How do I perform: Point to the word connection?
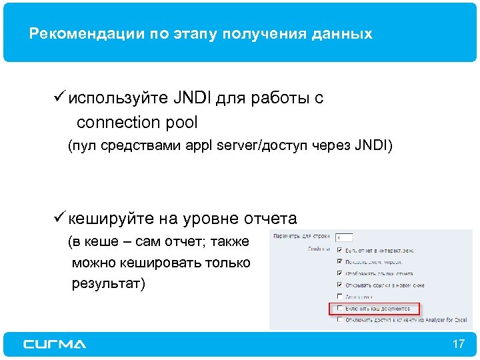(x=119, y=123)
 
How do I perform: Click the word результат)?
(x=108, y=284)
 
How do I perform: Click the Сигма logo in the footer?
(x=55, y=344)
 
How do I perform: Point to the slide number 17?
(x=458, y=344)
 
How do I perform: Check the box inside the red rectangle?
(x=341, y=308)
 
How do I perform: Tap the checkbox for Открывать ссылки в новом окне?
(x=341, y=285)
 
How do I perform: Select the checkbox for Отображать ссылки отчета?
(x=341, y=273)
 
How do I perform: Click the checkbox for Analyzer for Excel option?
(x=341, y=320)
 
